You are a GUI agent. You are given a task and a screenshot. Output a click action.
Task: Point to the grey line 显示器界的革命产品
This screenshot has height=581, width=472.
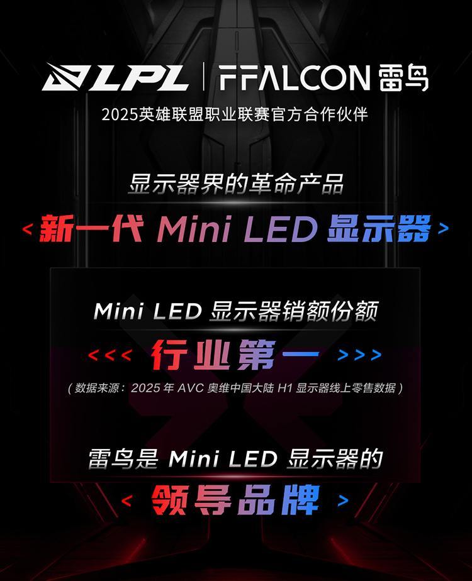coord(236,186)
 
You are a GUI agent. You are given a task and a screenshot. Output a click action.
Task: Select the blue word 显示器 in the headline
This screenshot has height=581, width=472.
coord(379,228)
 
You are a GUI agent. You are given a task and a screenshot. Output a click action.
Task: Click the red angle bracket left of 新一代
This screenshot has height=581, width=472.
coord(27,229)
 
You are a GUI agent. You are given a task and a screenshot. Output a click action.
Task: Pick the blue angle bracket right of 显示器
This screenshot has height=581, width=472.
coord(444,229)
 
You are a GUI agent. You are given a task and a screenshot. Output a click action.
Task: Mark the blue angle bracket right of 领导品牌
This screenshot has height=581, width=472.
coord(344,501)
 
